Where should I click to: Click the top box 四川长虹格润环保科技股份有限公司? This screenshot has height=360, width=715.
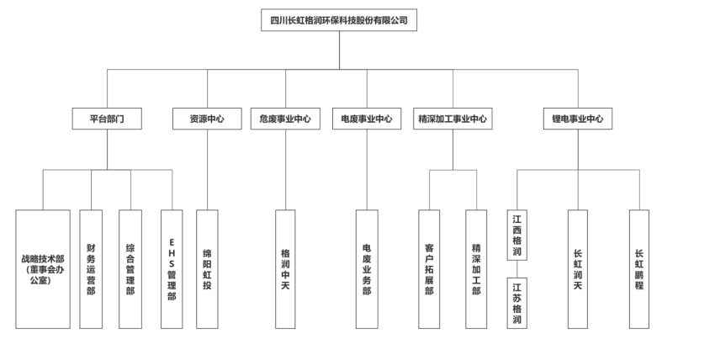[x=339, y=20]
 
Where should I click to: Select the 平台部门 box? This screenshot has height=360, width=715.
[x=107, y=119]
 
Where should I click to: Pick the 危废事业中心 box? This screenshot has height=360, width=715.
[x=285, y=119]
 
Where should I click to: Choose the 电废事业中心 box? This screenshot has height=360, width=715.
[x=367, y=119]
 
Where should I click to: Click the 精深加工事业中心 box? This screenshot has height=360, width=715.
[x=453, y=119]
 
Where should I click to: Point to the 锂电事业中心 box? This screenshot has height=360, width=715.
[x=578, y=119]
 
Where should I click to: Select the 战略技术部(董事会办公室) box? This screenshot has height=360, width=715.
[x=43, y=269]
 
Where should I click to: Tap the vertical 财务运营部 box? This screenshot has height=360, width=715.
[x=91, y=269]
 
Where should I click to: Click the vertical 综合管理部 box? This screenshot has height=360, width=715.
[x=130, y=269]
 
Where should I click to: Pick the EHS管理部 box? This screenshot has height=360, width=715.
[x=172, y=269]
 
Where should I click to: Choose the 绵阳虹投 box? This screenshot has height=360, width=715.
[x=207, y=269]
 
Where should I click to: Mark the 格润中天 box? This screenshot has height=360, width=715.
[x=285, y=269]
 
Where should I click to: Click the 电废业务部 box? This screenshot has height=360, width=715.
[x=367, y=269]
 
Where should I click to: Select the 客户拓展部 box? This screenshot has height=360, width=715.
[x=429, y=269]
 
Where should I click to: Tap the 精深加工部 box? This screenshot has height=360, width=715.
[x=476, y=269]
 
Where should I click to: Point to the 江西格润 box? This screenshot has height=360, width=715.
[x=517, y=235]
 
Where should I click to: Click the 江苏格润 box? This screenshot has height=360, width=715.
[x=517, y=303]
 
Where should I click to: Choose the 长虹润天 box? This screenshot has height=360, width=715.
[x=578, y=269]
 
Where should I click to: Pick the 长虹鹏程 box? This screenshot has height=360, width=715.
[x=639, y=269]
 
